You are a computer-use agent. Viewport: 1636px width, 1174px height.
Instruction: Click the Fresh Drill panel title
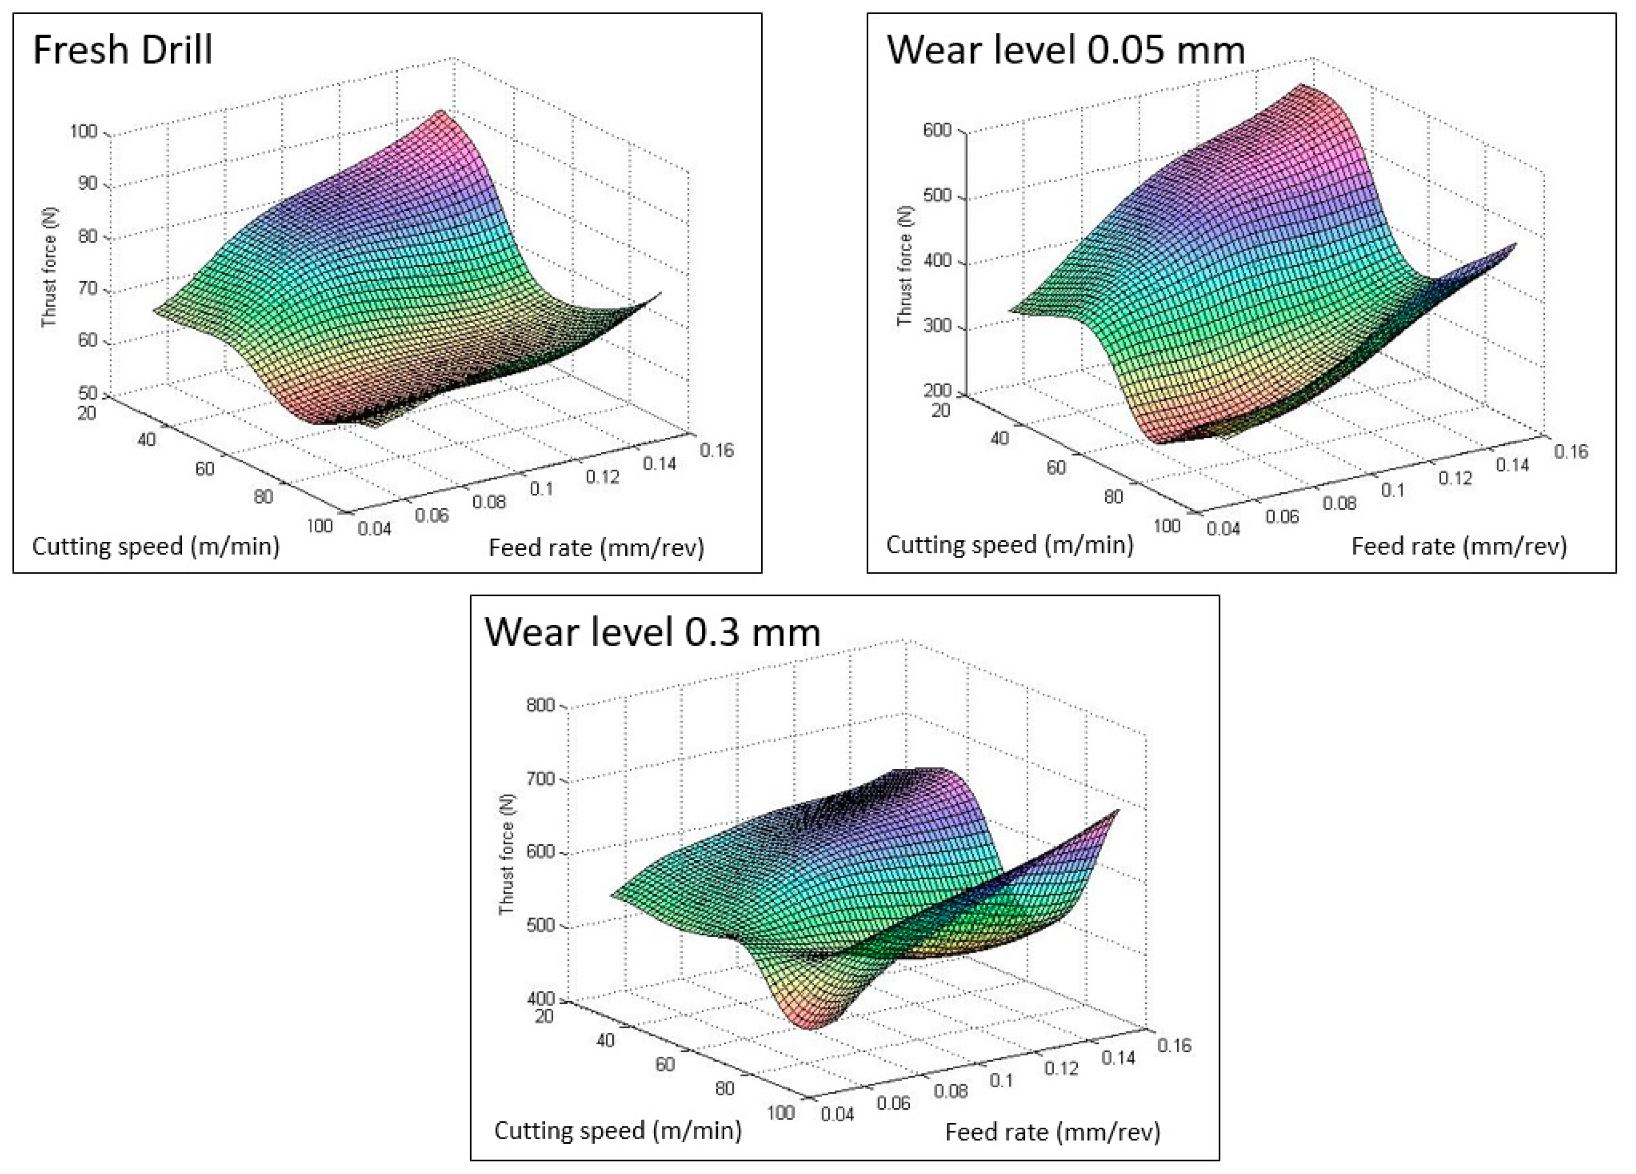coord(123,50)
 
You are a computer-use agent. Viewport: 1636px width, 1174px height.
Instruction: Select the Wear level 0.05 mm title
coord(1066,50)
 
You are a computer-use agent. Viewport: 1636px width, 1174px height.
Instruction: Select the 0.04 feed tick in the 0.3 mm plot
coord(838,1114)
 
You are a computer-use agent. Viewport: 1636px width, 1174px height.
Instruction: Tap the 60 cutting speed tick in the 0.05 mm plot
coord(1055,467)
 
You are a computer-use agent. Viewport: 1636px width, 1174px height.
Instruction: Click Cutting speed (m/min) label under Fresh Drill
coord(156,546)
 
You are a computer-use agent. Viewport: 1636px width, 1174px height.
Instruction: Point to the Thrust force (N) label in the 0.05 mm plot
coord(905,265)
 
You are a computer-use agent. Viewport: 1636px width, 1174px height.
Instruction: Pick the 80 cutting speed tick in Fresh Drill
coord(263,497)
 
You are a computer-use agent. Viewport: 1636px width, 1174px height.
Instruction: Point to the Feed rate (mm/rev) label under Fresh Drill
coord(596,548)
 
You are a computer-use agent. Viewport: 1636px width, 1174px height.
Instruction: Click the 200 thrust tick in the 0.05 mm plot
coord(938,391)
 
